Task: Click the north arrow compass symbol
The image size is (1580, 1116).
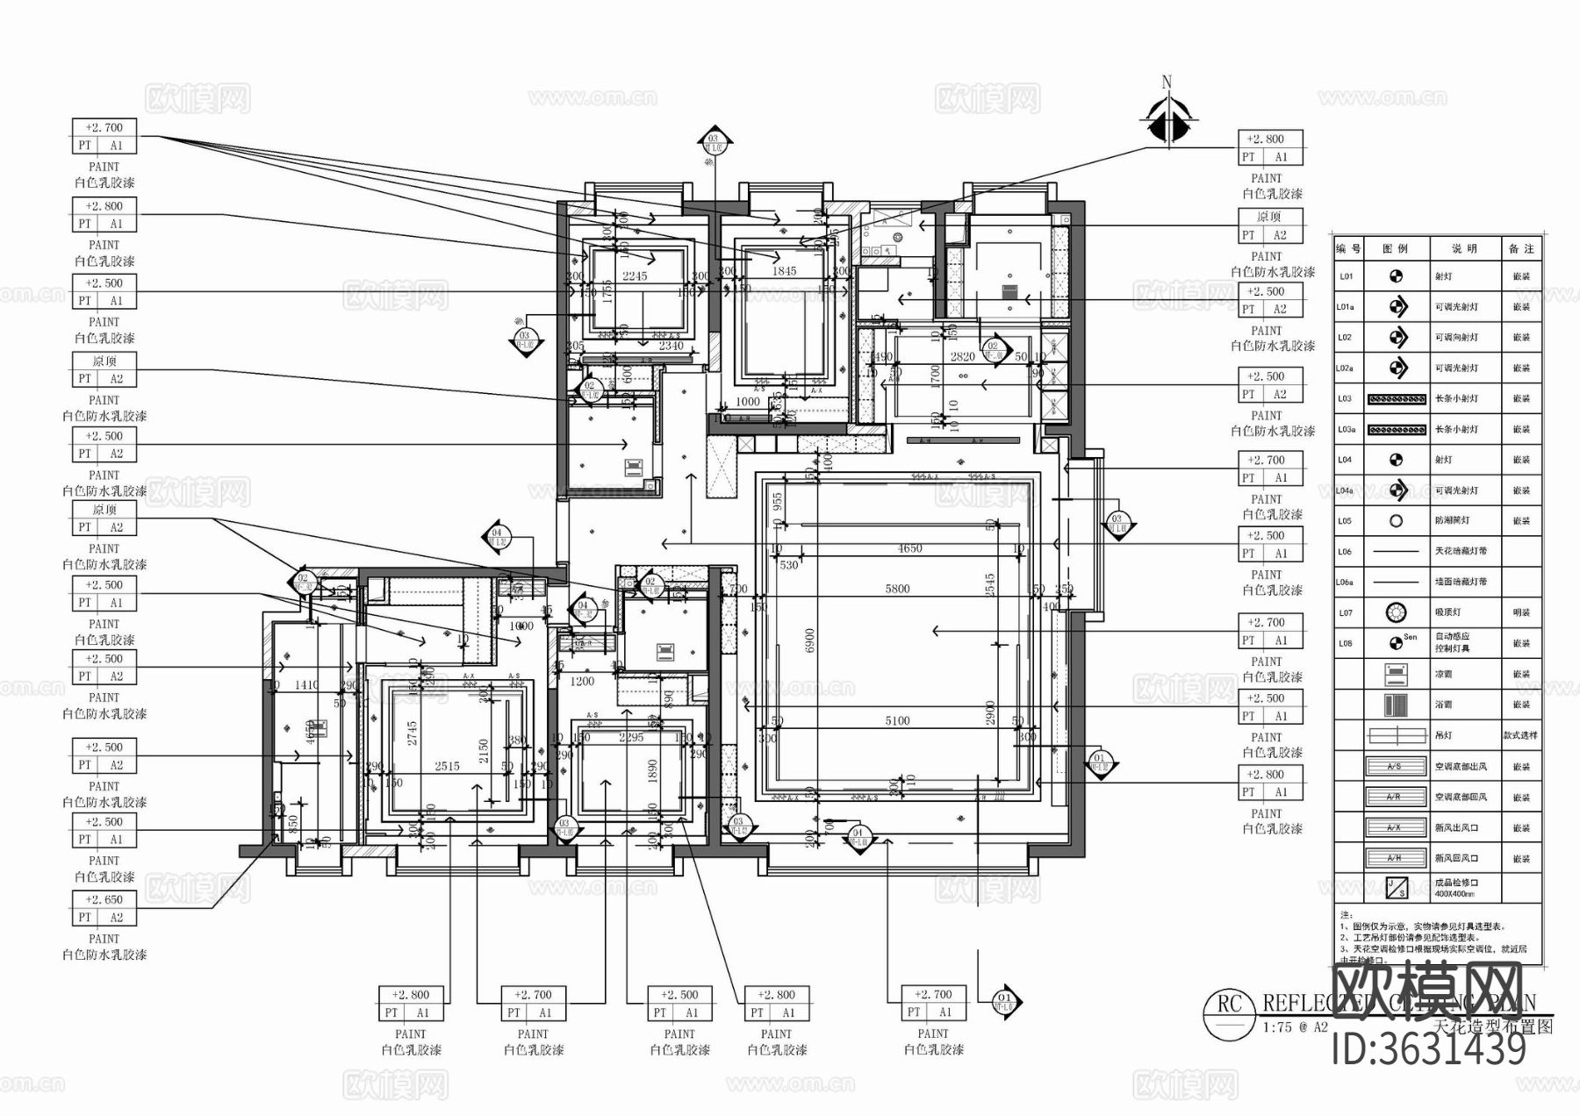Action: [1167, 121]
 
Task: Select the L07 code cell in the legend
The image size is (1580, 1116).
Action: [1346, 613]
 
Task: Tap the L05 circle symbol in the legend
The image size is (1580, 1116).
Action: [1396, 521]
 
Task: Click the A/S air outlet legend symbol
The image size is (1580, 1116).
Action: [1395, 767]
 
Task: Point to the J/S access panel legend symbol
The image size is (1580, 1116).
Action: [1395, 888]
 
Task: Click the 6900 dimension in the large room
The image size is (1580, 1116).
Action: [810, 640]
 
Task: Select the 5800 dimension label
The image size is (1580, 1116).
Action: [897, 589]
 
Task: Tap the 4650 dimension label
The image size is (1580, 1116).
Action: [909, 548]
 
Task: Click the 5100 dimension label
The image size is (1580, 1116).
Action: [897, 720]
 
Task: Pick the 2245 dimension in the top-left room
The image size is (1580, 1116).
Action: [634, 275]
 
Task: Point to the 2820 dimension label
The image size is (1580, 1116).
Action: [962, 357]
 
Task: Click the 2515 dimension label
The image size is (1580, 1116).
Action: [447, 766]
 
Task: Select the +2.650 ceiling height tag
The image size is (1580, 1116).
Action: [104, 899]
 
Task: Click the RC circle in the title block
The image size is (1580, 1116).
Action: [1228, 1014]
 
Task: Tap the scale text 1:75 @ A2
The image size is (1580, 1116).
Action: [1295, 1027]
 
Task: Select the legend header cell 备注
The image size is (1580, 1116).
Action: [1521, 249]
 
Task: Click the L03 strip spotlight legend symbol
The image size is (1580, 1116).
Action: [1396, 399]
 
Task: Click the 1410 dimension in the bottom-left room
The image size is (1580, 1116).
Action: [306, 685]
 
